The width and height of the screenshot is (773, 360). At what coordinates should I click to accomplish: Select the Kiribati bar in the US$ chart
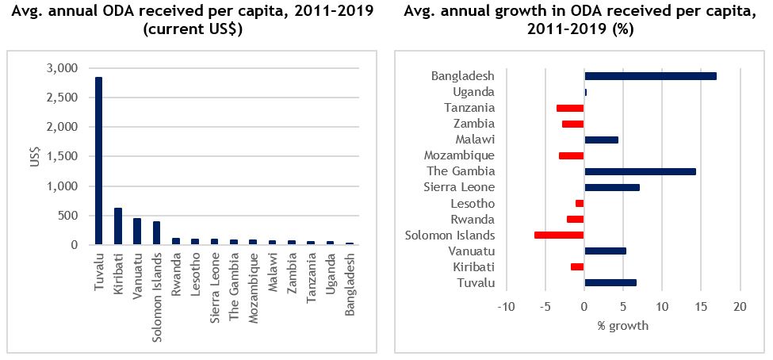(x=117, y=226)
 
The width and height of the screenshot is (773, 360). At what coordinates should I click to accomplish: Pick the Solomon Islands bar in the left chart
(x=155, y=233)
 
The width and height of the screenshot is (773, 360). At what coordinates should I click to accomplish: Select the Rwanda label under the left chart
(x=175, y=273)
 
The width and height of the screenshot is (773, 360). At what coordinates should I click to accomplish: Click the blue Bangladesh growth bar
(x=650, y=76)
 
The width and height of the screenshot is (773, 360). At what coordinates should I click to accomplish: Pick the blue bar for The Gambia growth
(x=640, y=171)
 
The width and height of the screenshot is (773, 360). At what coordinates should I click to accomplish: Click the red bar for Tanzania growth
(x=570, y=108)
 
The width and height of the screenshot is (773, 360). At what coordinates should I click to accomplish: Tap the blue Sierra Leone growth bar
(x=611, y=187)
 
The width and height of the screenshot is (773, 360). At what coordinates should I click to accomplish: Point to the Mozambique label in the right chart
(x=459, y=155)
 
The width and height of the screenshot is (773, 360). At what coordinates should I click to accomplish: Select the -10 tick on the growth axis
(x=506, y=307)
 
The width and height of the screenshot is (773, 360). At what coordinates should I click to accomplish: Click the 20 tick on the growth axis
(x=740, y=307)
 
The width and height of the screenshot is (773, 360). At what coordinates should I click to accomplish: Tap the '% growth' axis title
(x=622, y=325)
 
